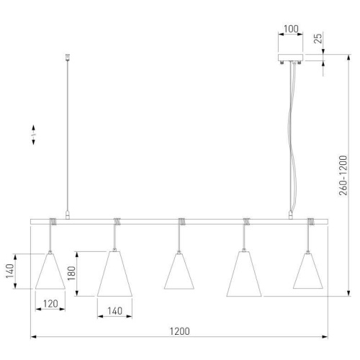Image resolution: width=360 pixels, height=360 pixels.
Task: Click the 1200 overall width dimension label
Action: [180, 331]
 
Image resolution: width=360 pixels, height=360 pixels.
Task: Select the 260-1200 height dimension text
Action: [343, 176]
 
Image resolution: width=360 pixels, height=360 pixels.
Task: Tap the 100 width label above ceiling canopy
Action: [291, 29]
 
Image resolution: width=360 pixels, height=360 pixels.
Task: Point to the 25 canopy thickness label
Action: [318, 38]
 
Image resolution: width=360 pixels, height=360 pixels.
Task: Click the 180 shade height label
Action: [72, 274]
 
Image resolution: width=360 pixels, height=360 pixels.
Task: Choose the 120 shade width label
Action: [50, 304]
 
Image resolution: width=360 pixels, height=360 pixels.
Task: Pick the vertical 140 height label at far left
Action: [10, 271]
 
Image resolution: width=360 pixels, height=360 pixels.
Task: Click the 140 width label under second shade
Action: [114, 311]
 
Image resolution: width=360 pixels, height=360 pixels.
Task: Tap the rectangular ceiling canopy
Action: [290, 58]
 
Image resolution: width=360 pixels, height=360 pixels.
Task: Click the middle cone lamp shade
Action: [179, 271]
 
